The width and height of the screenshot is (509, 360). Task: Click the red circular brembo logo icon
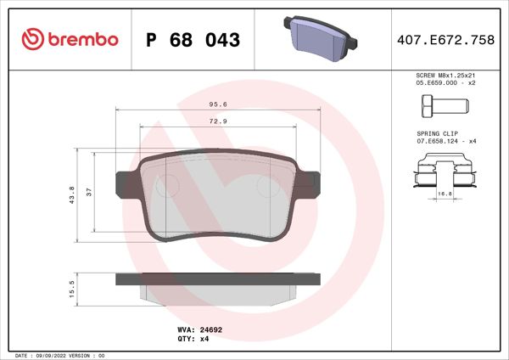tap(31, 38)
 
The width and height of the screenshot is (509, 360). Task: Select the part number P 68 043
tap(193, 40)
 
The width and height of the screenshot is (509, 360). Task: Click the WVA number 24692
tap(210, 327)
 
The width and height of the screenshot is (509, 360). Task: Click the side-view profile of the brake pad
tap(219, 284)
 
